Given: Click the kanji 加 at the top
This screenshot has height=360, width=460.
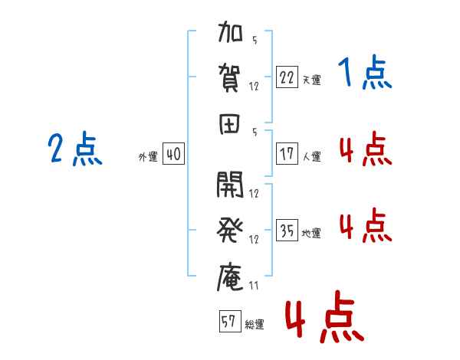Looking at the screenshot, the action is [230, 31].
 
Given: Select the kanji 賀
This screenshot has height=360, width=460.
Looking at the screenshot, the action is [229, 78].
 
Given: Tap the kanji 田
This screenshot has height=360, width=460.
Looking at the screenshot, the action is [229, 124].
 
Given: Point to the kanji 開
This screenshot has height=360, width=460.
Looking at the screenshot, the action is [230, 185].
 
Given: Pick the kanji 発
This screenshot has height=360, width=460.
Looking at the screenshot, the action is [230, 230].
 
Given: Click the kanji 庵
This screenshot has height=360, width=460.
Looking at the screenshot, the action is [230, 277].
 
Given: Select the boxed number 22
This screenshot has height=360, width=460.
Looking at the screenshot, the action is [287, 77].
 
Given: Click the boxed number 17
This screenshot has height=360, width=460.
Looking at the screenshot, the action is [287, 154].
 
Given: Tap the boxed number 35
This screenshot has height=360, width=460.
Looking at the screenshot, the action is [287, 230].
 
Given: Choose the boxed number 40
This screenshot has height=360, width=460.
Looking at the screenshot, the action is [173, 154].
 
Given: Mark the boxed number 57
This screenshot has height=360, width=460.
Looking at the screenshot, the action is [230, 321].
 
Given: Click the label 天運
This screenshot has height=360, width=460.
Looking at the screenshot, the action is [311, 80].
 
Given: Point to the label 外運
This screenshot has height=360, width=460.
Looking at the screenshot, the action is [148, 156].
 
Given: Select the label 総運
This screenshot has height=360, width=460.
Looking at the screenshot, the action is [255, 324].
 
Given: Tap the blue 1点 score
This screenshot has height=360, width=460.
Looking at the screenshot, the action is [365, 72].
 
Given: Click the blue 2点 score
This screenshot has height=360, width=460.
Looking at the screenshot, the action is [75, 149].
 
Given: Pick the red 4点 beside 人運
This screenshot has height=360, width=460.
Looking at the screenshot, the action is [366, 149].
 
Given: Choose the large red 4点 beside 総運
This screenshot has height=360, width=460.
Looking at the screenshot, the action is [325, 316].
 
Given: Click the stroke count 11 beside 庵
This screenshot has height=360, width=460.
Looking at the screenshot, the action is [254, 286].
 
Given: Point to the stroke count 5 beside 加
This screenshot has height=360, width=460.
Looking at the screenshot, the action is [255, 40].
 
